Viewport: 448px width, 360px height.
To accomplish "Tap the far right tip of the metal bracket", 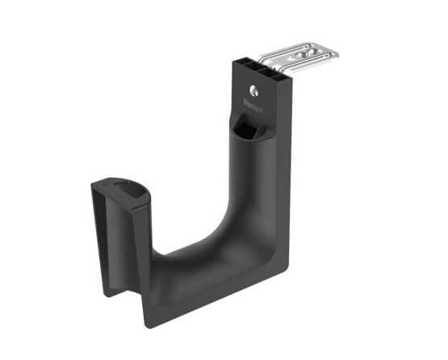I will tap(336, 54).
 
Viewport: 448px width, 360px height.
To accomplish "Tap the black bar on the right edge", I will tap(425, 180).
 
